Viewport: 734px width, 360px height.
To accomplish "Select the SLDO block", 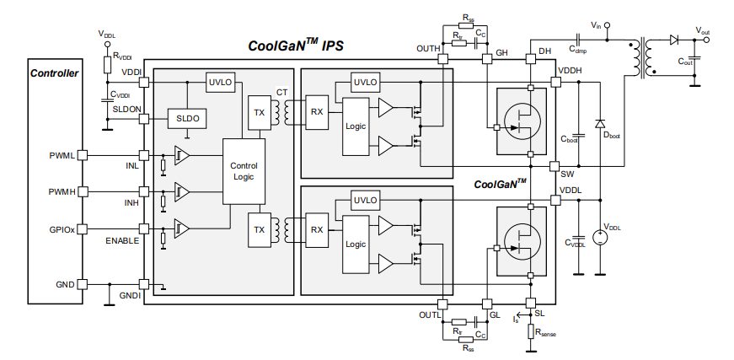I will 188,120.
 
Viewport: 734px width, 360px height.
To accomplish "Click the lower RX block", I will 317,228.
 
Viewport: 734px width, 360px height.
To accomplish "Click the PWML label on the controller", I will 62,155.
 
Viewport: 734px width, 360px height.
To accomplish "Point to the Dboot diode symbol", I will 600,124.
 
